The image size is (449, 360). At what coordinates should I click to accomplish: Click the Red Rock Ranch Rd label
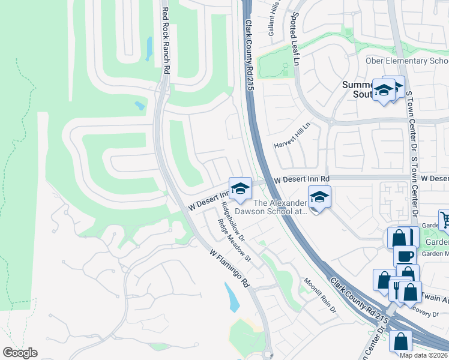tap(166, 40)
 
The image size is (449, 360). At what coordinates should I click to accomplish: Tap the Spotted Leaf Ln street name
tap(297, 38)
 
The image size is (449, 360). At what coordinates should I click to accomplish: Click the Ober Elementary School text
tap(407, 61)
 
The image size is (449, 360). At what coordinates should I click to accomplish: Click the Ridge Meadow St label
tap(235, 242)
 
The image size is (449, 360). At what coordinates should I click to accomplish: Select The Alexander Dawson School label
tap(281, 207)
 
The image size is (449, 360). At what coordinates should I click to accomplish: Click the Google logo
tap(19, 353)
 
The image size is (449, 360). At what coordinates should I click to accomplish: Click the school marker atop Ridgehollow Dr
tap(240, 188)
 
